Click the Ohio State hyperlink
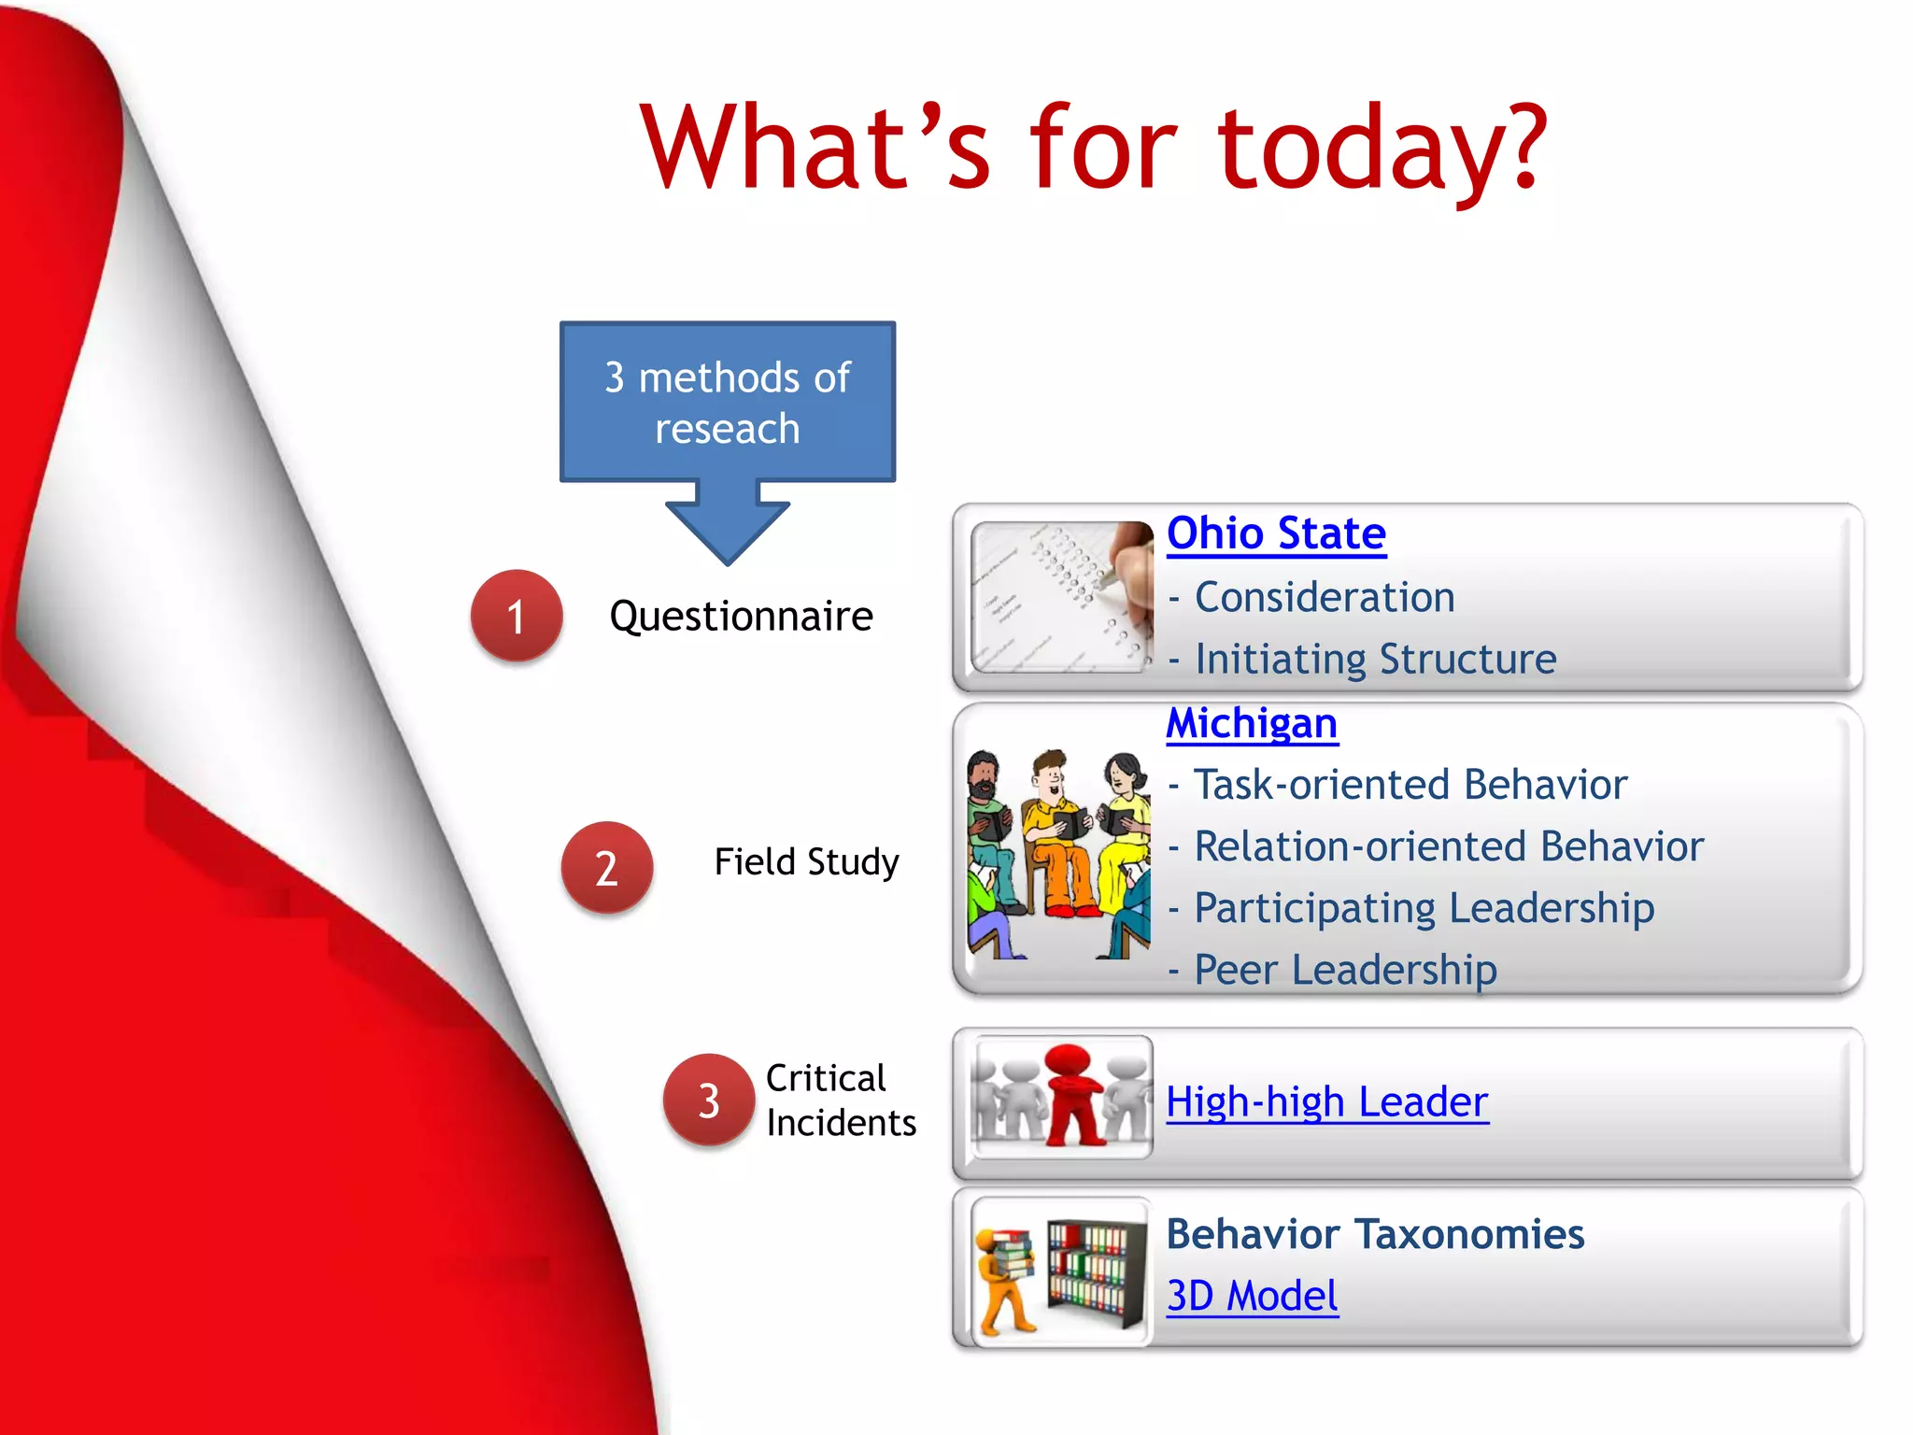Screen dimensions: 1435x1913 1276,534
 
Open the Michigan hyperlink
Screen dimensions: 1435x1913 1252,724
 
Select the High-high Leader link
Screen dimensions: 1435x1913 1326,1102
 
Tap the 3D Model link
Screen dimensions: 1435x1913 1252,1297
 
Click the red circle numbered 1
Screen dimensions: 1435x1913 517,617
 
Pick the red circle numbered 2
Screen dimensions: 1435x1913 606,868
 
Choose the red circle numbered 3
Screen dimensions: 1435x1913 709,1101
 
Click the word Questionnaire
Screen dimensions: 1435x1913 741,617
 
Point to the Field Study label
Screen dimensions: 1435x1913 806,861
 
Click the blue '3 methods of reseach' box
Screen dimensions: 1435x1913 728,403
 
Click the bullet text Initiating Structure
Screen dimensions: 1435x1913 1375,660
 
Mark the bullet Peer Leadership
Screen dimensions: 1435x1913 1345,970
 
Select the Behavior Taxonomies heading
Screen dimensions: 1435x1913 1375,1235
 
